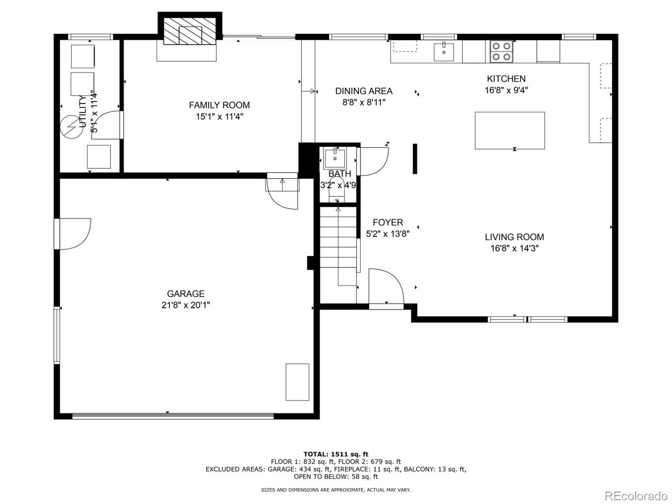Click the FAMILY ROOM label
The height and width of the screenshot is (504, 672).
point(219,105)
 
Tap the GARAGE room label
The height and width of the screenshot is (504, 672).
point(186,293)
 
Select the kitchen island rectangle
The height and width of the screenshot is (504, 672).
point(509,131)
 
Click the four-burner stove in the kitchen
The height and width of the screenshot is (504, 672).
point(501,51)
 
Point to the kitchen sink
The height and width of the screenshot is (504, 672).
point(444,52)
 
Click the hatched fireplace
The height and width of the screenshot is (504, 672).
point(189,31)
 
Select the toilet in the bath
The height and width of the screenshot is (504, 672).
point(336,190)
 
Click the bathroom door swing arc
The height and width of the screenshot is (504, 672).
point(373,162)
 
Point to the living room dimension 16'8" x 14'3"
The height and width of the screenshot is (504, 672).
point(514,248)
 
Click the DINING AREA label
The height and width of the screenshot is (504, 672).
point(364,91)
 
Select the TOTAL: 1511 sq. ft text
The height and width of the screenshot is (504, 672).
point(336,454)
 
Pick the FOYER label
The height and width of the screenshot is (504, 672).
point(388,222)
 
